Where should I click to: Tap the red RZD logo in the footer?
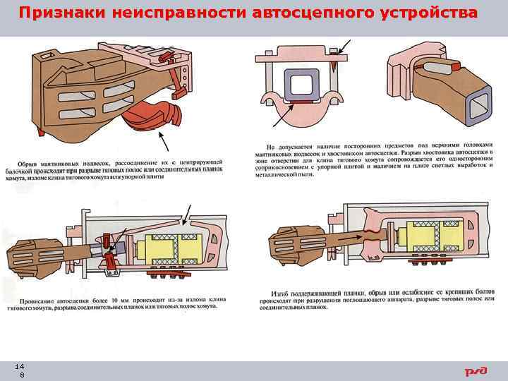coord(476,371)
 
